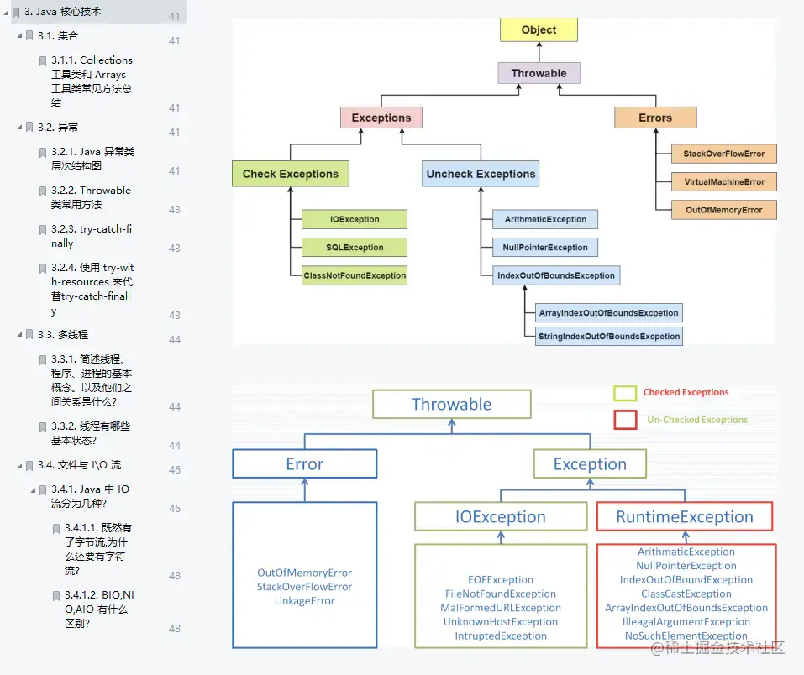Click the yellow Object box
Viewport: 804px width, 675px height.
(x=539, y=30)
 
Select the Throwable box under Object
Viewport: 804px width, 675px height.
(x=539, y=73)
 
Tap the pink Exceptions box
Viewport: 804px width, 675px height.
(x=381, y=118)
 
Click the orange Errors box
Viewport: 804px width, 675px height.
(x=655, y=118)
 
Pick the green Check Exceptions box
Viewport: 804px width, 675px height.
(x=290, y=174)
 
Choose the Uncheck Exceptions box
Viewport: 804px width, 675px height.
(x=481, y=174)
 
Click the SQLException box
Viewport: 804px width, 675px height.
(x=355, y=248)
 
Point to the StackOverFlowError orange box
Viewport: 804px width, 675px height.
(x=723, y=154)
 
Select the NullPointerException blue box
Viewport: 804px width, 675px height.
(x=546, y=248)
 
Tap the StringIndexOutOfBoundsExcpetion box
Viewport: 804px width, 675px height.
(x=610, y=336)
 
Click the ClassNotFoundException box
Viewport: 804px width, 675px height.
(x=355, y=275)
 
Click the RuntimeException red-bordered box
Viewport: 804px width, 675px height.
(x=684, y=517)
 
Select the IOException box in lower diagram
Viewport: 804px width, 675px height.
(x=501, y=517)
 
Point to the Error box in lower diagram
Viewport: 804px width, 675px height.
(x=304, y=464)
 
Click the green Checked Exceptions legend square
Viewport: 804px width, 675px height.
(x=625, y=393)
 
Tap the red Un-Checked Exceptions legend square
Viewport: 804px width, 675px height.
(x=625, y=419)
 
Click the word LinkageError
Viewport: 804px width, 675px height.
(x=304, y=601)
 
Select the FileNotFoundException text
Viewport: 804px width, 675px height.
(x=501, y=594)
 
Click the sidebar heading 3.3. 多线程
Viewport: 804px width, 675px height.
(x=63, y=334)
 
